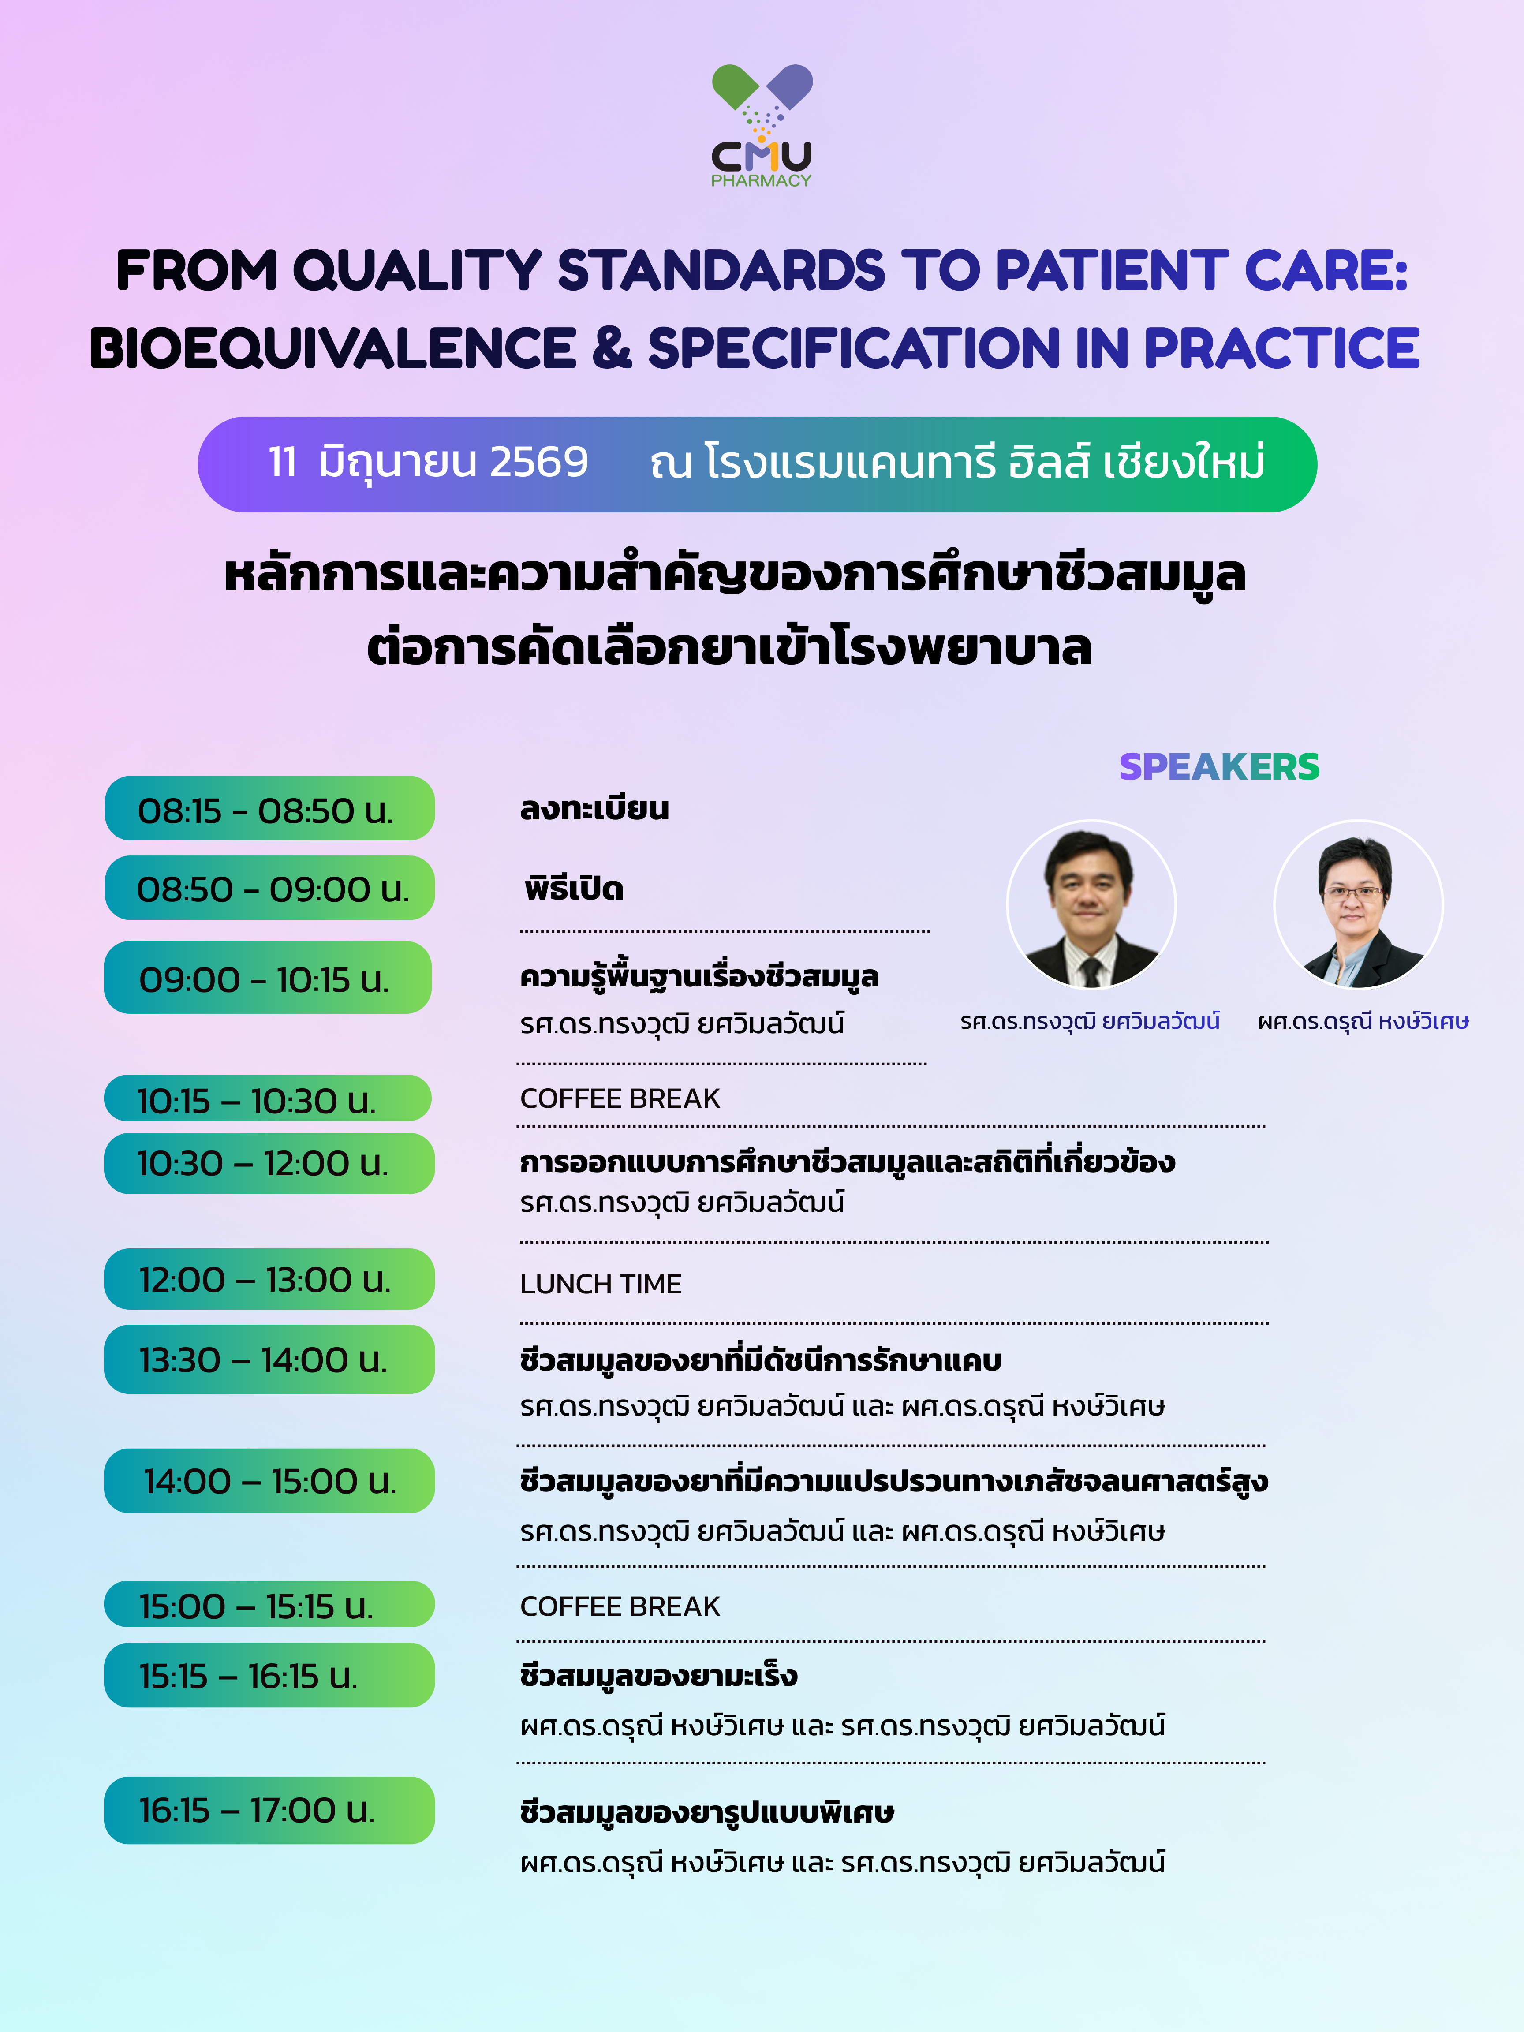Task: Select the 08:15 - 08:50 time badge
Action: click(269, 808)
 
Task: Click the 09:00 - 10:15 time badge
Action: click(267, 978)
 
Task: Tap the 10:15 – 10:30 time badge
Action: click(267, 1098)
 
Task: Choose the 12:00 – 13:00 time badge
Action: click(269, 1279)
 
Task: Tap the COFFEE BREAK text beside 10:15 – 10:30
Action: click(620, 1098)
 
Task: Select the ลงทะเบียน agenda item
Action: click(594, 808)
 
